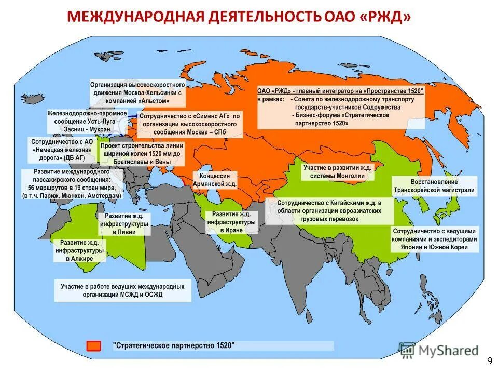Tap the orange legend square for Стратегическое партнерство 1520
pos(94,346)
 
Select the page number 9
pos(489,361)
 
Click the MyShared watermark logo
pos(439,350)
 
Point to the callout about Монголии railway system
pos(338,172)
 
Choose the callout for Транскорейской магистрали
pos(435,186)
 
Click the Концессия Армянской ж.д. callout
pos(215,180)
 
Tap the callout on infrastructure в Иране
pos(231,222)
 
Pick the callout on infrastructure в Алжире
pos(80,250)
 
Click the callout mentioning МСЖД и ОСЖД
pos(122,290)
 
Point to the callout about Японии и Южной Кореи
pos(435,239)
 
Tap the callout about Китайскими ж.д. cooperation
pos(329,211)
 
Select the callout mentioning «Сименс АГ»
pos(190,124)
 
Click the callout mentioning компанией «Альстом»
pos(137,91)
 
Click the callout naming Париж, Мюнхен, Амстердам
pos(72,184)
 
